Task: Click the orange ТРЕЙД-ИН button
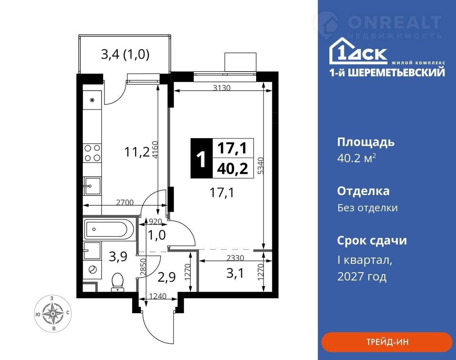(387, 342)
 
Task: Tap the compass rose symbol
(53, 313)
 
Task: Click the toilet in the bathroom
(118, 282)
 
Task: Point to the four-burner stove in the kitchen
(92, 153)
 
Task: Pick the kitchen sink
(92, 186)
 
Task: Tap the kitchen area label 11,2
(137, 152)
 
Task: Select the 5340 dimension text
(261, 166)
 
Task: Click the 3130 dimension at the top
(222, 87)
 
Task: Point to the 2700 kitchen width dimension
(125, 202)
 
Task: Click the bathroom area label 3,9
(118, 256)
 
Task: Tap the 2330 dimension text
(235, 258)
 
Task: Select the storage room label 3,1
(235, 273)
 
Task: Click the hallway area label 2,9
(167, 277)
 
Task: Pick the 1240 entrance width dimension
(158, 296)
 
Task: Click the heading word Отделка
(363, 191)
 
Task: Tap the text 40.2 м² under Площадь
(357, 158)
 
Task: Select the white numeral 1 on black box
(201, 159)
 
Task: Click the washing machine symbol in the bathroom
(92, 270)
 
